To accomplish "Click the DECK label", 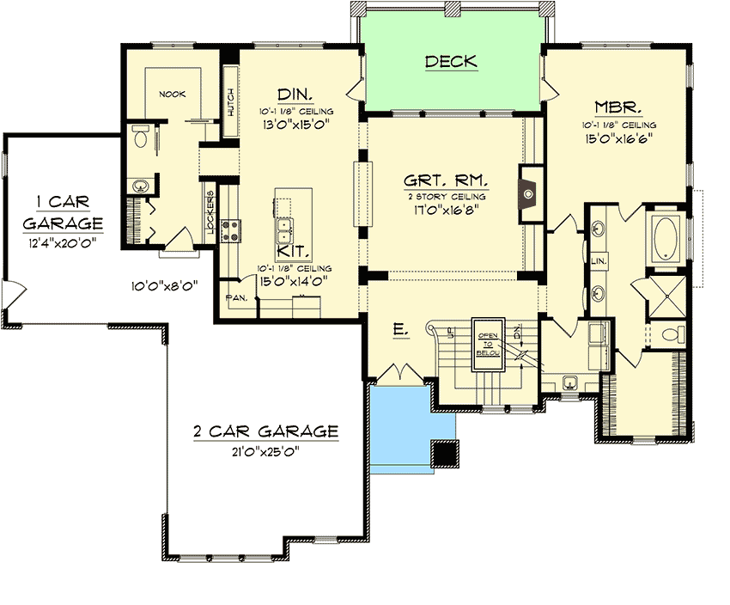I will [x=451, y=62].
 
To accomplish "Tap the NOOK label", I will [x=172, y=94].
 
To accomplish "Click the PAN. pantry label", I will [x=236, y=297].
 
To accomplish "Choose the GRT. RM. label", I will [x=446, y=181].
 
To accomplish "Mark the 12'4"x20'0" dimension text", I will [x=59, y=243].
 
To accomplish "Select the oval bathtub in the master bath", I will [x=665, y=240].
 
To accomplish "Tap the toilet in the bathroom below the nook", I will [x=142, y=135].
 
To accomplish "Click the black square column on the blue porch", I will [x=444, y=453].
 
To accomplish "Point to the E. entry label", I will [x=401, y=329].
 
